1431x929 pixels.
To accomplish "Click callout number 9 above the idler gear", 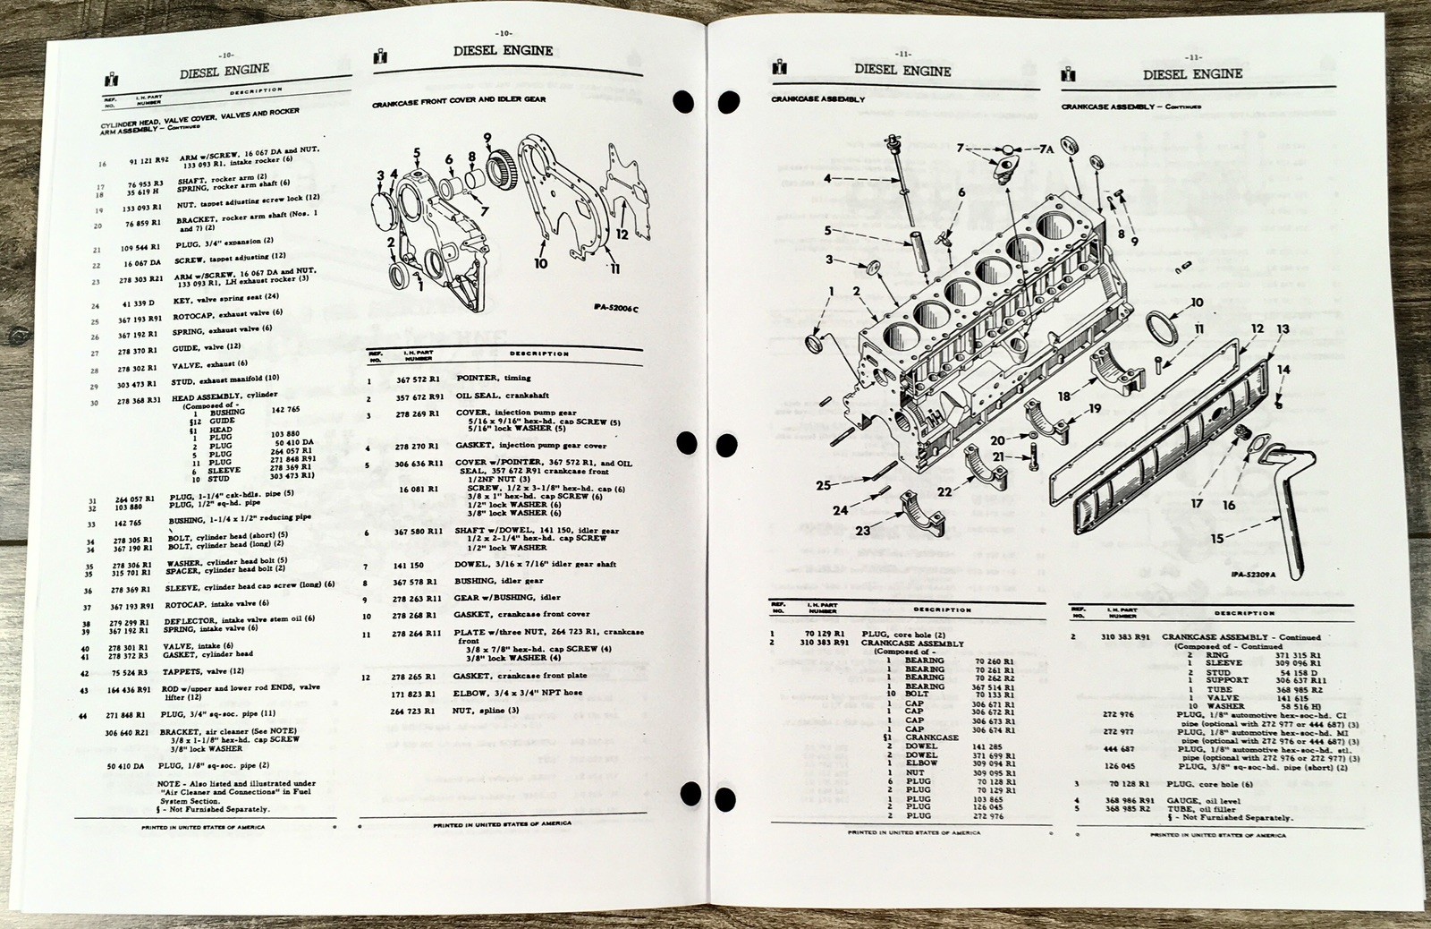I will tap(487, 137).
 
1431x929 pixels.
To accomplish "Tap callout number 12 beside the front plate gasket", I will tap(622, 234).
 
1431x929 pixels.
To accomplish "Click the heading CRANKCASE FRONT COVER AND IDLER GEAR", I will tap(459, 99).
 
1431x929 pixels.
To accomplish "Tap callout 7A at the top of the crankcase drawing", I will tap(1046, 149).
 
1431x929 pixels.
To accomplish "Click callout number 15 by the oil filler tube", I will tap(1217, 539).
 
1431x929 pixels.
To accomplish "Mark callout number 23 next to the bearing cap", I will tap(862, 530).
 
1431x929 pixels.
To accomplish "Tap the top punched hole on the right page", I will tap(729, 100).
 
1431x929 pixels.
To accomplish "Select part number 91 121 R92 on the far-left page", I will tap(148, 163).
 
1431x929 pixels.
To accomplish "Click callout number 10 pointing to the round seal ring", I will tap(1196, 303).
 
